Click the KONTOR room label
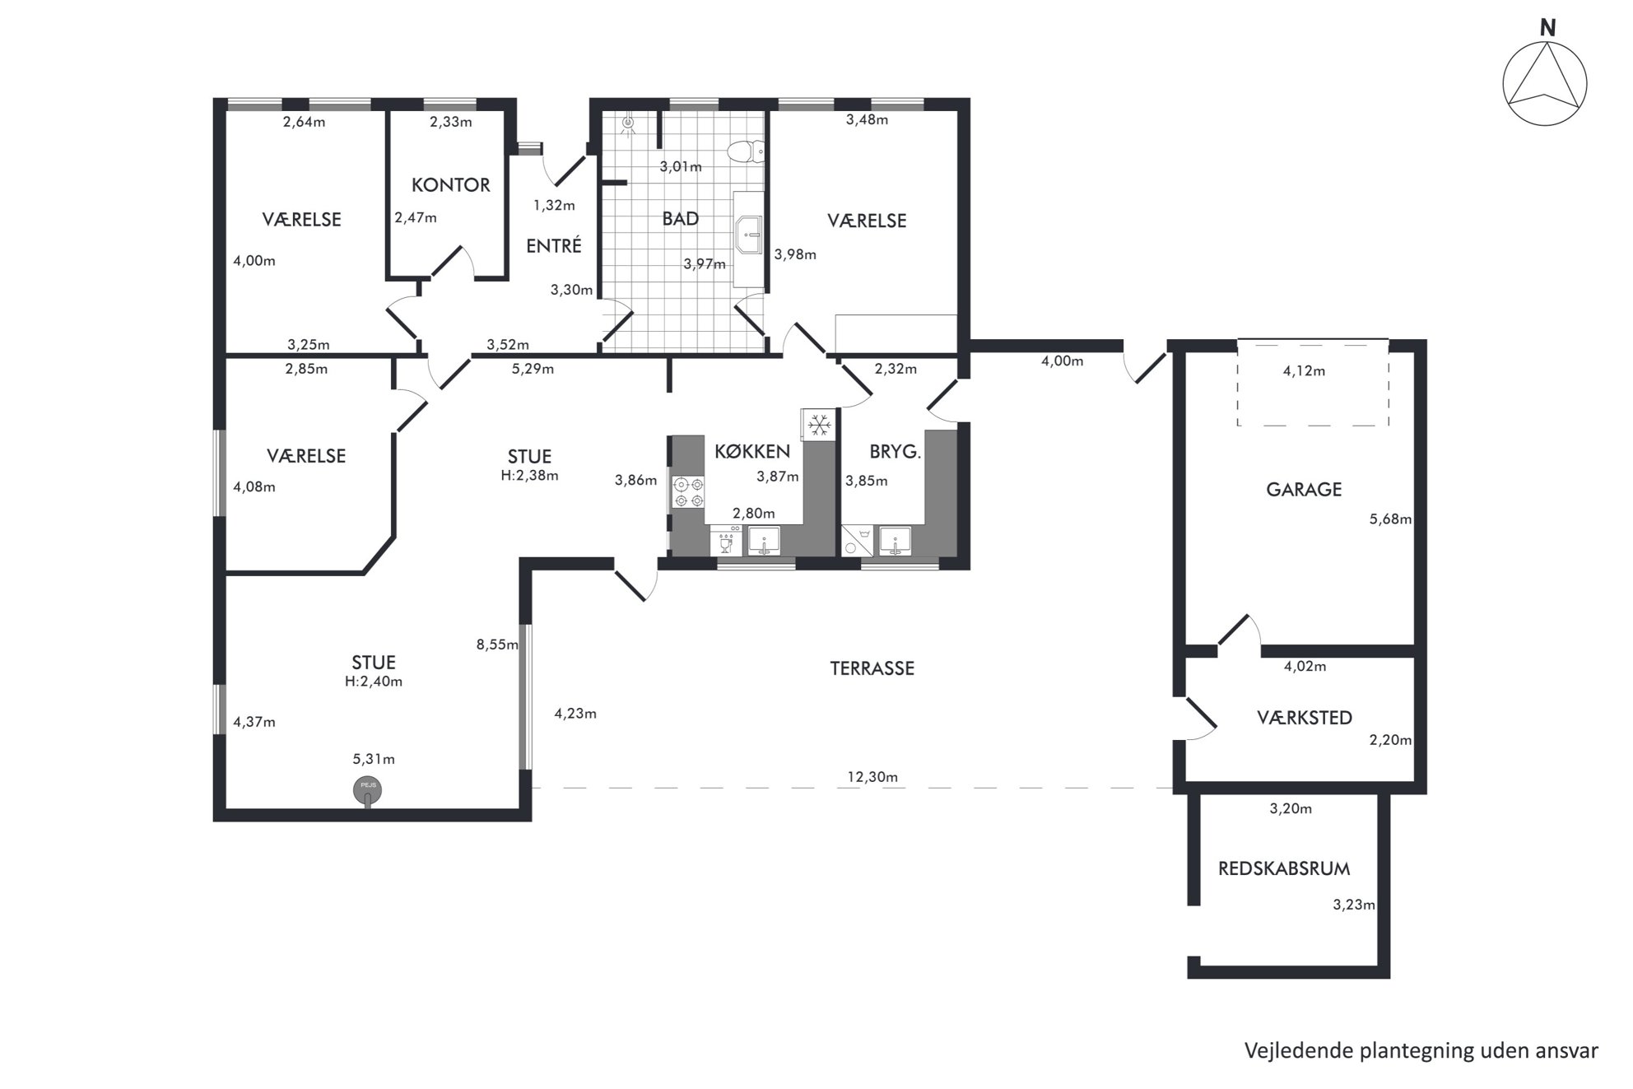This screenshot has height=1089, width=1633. pyautogui.click(x=450, y=185)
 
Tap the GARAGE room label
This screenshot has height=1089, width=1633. pyautogui.click(x=1304, y=490)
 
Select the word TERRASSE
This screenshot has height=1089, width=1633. pyautogui.click(x=872, y=668)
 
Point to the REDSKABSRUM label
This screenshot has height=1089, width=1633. pyautogui.click(x=1284, y=868)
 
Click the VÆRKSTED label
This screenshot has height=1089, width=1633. pyautogui.click(x=1305, y=718)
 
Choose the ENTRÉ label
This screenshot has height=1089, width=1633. pyautogui.click(x=554, y=245)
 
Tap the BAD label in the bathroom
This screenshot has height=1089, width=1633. pyautogui.click(x=681, y=219)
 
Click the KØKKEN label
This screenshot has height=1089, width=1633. pyautogui.click(x=752, y=451)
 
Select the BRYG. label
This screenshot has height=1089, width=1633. pyautogui.click(x=895, y=452)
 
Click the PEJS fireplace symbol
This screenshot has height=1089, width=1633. pyautogui.click(x=368, y=791)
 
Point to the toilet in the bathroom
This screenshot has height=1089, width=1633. pyautogui.click(x=747, y=151)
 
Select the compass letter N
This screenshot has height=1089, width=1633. pyautogui.click(x=1548, y=28)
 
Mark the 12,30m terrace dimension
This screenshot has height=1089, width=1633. pyautogui.click(x=872, y=777)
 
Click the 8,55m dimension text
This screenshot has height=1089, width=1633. pyautogui.click(x=497, y=645)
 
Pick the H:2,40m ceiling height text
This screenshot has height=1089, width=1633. pyautogui.click(x=374, y=682)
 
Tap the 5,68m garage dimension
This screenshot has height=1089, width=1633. pyautogui.click(x=1390, y=519)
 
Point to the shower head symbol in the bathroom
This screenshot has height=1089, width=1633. pyautogui.click(x=630, y=124)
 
